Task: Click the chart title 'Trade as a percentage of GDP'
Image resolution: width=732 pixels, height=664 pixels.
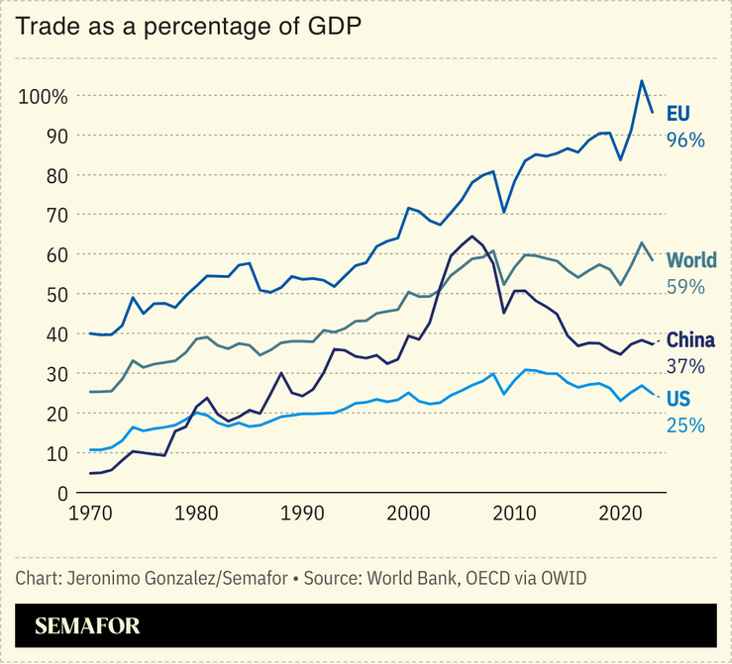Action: click(x=186, y=27)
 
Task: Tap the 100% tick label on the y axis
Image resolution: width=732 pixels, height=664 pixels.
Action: click(x=43, y=97)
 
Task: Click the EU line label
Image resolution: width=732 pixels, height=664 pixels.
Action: click(x=679, y=112)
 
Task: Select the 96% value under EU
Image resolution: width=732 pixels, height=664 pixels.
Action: click(x=685, y=140)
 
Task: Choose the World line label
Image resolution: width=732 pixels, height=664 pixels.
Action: click(x=691, y=260)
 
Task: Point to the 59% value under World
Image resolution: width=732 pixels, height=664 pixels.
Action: click(x=685, y=288)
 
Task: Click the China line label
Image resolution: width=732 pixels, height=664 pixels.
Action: click(x=690, y=340)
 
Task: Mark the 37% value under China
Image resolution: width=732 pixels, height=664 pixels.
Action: click(x=685, y=367)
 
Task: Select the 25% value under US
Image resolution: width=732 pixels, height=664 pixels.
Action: click(x=685, y=426)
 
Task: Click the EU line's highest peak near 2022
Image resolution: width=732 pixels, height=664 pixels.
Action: click(x=642, y=81)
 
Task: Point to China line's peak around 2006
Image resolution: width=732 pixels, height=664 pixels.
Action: click(x=471, y=237)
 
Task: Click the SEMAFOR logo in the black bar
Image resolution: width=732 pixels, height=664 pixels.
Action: click(x=87, y=625)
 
